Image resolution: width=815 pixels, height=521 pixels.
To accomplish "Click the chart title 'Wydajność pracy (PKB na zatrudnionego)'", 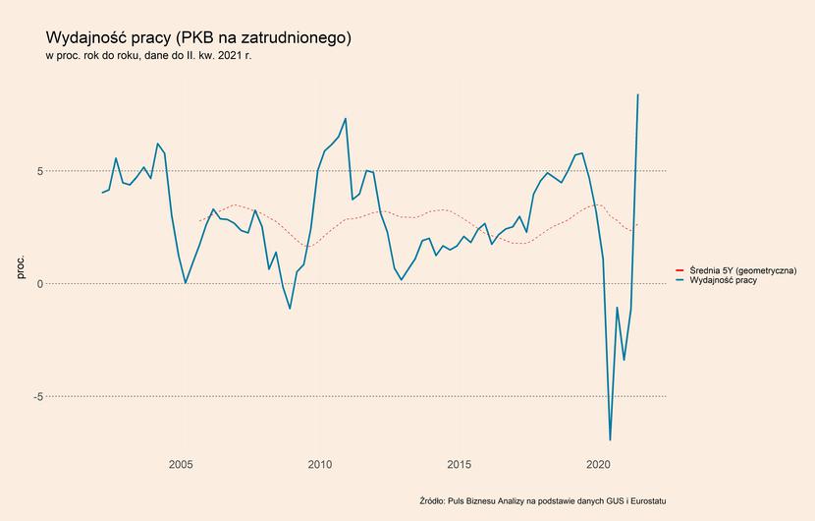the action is [x=198, y=38].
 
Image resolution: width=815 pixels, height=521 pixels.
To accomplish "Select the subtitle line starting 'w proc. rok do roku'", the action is [x=148, y=56].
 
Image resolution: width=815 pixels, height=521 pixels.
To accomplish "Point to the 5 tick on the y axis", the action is [x=39, y=171].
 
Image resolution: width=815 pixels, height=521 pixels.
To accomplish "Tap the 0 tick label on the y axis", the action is [x=39, y=284].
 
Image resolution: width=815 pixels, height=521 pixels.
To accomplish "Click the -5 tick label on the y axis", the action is [x=38, y=396].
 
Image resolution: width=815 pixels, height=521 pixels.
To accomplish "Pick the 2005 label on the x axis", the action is [x=181, y=464].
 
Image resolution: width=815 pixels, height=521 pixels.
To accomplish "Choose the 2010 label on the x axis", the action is [x=320, y=464].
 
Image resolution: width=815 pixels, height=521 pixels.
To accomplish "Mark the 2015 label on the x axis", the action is [x=459, y=464].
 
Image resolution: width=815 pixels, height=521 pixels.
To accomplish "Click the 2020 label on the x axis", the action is [x=598, y=464].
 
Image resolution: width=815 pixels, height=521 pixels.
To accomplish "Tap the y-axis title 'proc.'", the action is [x=21, y=267].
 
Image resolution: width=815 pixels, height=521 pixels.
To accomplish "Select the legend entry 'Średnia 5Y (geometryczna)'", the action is [x=742, y=270].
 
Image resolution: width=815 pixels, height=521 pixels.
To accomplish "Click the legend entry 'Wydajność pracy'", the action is [x=723, y=280].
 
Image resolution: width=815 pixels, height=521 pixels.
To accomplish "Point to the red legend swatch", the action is [x=679, y=270].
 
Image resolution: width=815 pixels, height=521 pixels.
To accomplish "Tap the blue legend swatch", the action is [x=679, y=280].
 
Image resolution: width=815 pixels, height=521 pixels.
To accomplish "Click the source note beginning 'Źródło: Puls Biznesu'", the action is [x=543, y=501].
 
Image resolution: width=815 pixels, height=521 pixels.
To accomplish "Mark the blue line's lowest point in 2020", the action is [x=610, y=440].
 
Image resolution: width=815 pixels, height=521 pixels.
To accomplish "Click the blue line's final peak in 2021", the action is [x=637, y=94].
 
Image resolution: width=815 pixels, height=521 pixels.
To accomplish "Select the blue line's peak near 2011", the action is [x=345, y=119].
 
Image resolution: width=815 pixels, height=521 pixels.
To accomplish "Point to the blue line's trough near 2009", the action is [x=290, y=309].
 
